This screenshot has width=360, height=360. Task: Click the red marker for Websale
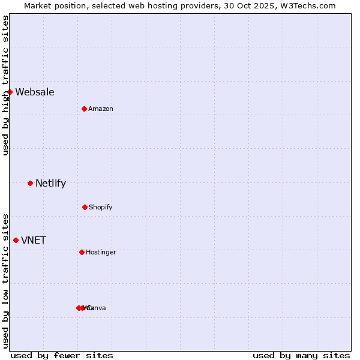[x=10, y=92]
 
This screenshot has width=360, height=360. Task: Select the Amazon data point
[x=84, y=109]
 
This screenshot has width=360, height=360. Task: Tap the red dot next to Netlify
[x=30, y=183]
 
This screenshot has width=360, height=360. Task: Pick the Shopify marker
[x=85, y=207]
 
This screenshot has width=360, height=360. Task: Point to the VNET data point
[x=16, y=240]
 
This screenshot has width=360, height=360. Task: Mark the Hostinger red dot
[x=82, y=252]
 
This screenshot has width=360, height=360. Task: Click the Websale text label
[x=35, y=92]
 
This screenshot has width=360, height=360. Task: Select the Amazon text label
[x=101, y=109]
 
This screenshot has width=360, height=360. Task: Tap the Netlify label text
[x=50, y=183]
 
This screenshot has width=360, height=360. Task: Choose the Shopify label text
[x=101, y=207]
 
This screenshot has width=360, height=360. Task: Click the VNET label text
[x=34, y=240]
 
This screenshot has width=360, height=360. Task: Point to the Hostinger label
[x=101, y=252]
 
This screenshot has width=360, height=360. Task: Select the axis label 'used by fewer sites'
[x=62, y=355]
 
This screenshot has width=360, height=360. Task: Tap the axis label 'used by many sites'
[x=301, y=355]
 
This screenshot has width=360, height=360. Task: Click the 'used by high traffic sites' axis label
[x=5, y=85]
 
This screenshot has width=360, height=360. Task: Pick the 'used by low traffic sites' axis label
[x=5, y=280]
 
